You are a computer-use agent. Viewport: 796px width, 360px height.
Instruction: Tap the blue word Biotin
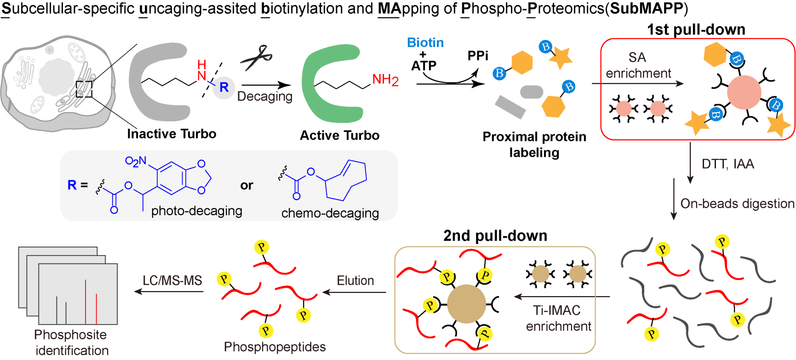click(x=425, y=43)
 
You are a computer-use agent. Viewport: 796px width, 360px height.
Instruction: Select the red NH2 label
click(x=385, y=80)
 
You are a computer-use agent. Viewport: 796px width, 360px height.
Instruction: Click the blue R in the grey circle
click(x=224, y=87)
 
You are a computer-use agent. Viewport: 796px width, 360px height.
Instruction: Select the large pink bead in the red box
click(x=744, y=92)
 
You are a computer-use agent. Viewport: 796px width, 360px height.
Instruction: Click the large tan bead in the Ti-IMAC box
click(x=466, y=303)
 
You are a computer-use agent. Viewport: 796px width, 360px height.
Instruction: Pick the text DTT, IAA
click(x=727, y=164)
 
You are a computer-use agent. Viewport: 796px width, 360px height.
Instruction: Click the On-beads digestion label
click(x=737, y=204)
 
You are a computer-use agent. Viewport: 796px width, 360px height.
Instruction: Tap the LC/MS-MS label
click(x=172, y=280)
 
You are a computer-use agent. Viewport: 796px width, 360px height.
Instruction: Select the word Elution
click(x=355, y=280)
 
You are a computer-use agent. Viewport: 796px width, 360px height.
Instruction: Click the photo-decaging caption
click(x=196, y=211)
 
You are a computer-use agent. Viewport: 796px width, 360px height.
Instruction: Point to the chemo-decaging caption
click(x=330, y=213)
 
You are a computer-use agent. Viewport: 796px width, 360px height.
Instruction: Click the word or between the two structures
click(x=246, y=185)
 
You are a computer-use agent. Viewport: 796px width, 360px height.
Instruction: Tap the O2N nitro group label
click(x=135, y=161)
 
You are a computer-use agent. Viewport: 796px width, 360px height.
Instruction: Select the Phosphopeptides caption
click(x=275, y=347)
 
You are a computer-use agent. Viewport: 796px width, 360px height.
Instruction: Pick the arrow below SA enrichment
click(x=637, y=84)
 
